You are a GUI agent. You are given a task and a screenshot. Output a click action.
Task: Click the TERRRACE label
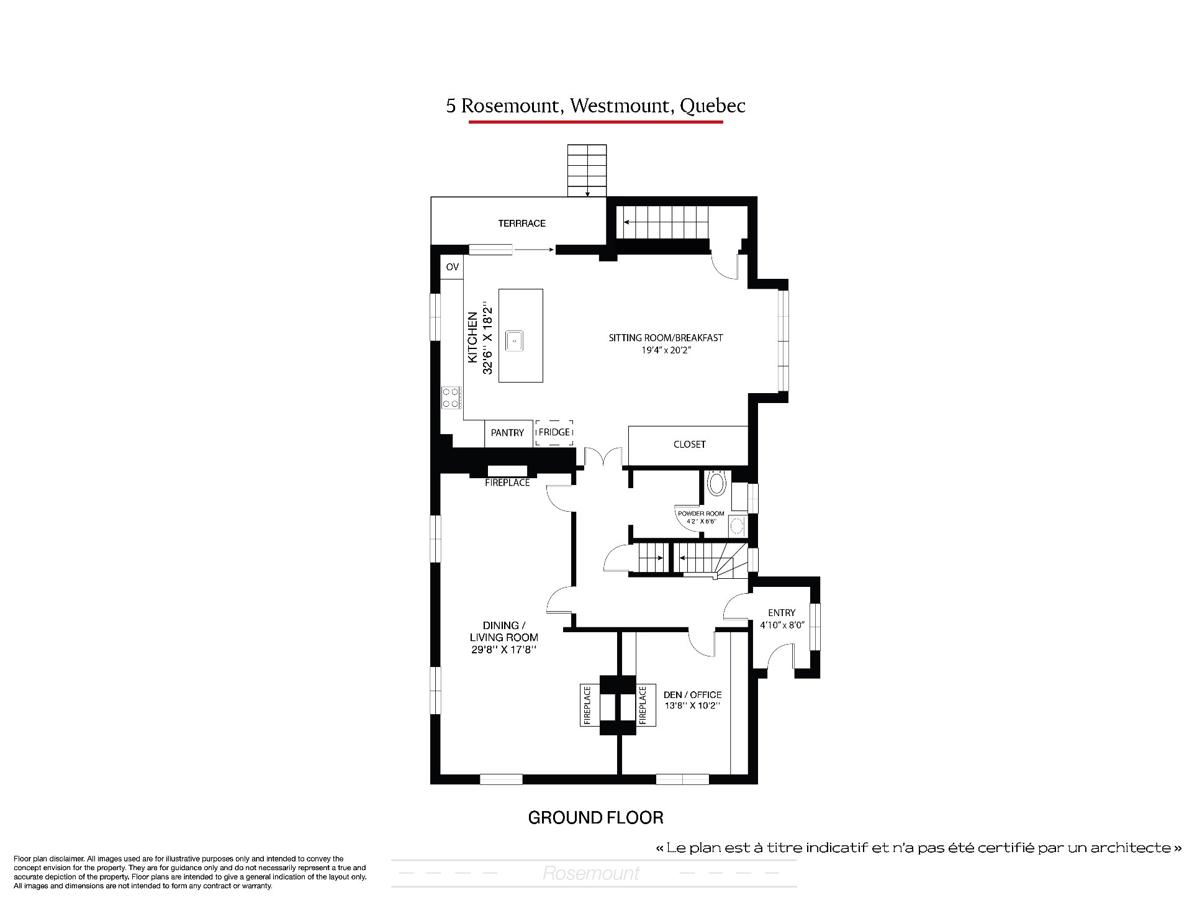(x=521, y=224)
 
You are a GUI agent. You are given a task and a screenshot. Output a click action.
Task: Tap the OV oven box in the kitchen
(x=453, y=267)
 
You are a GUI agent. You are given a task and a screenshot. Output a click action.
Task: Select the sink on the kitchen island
(x=515, y=341)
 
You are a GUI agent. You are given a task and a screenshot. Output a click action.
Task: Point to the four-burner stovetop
(x=451, y=397)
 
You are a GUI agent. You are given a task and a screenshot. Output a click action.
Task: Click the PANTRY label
(x=507, y=433)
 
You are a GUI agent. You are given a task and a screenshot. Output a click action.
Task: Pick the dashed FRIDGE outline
(x=554, y=432)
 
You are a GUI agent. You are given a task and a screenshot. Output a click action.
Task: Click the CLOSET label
(x=689, y=445)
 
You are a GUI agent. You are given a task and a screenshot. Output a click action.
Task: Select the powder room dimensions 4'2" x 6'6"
(x=700, y=521)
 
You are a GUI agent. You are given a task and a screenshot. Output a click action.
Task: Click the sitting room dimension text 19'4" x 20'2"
(x=666, y=350)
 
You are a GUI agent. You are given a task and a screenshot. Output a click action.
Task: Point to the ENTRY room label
(x=781, y=613)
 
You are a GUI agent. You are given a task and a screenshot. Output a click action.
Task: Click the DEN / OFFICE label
(x=692, y=695)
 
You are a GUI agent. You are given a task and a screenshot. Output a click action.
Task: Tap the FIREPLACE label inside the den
(x=643, y=705)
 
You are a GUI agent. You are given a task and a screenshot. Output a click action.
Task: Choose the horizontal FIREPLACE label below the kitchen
(x=507, y=483)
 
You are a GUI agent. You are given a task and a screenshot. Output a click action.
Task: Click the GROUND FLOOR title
(x=595, y=818)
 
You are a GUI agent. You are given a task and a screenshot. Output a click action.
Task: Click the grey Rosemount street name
(x=591, y=873)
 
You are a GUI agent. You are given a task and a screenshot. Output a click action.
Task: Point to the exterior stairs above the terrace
(x=587, y=171)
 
